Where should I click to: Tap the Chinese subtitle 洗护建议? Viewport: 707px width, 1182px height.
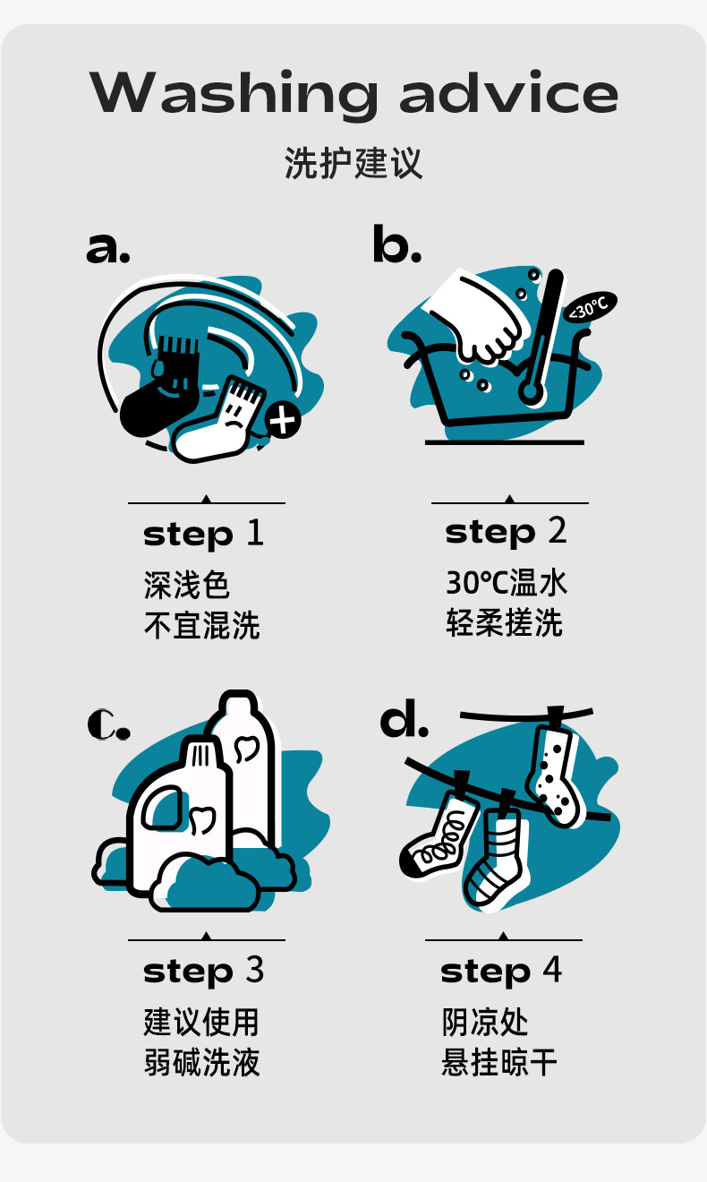[x=353, y=163]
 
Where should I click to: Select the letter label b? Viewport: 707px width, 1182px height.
[x=397, y=244]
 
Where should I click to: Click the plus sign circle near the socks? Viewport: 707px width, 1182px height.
[x=283, y=421]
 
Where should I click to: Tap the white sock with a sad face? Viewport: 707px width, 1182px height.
[x=218, y=422]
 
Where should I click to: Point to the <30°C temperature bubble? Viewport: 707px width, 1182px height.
[x=590, y=306]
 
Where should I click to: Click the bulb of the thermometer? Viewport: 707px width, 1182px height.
[x=531, y=392]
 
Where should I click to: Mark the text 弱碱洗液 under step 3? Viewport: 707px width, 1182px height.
[x=202, y=1062]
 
